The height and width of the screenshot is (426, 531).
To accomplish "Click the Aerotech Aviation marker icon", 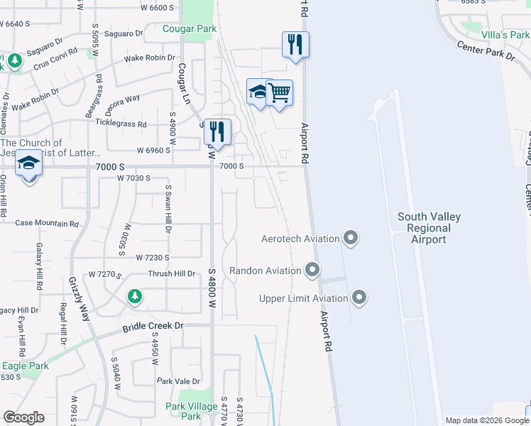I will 350,238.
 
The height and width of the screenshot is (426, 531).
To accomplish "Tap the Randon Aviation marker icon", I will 312,270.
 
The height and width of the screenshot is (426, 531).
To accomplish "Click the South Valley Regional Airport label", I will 429,228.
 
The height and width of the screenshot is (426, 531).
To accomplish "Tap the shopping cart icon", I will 280,92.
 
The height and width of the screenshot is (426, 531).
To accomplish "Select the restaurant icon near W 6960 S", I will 217,131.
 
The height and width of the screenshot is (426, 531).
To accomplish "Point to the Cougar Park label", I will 189,29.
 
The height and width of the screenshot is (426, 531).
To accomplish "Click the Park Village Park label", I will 192,411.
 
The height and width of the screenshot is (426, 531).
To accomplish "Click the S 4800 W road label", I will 212,292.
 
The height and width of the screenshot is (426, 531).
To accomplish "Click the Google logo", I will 23,417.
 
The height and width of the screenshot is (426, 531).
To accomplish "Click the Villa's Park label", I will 505,34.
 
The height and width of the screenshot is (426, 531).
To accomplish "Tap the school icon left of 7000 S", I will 28,164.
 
